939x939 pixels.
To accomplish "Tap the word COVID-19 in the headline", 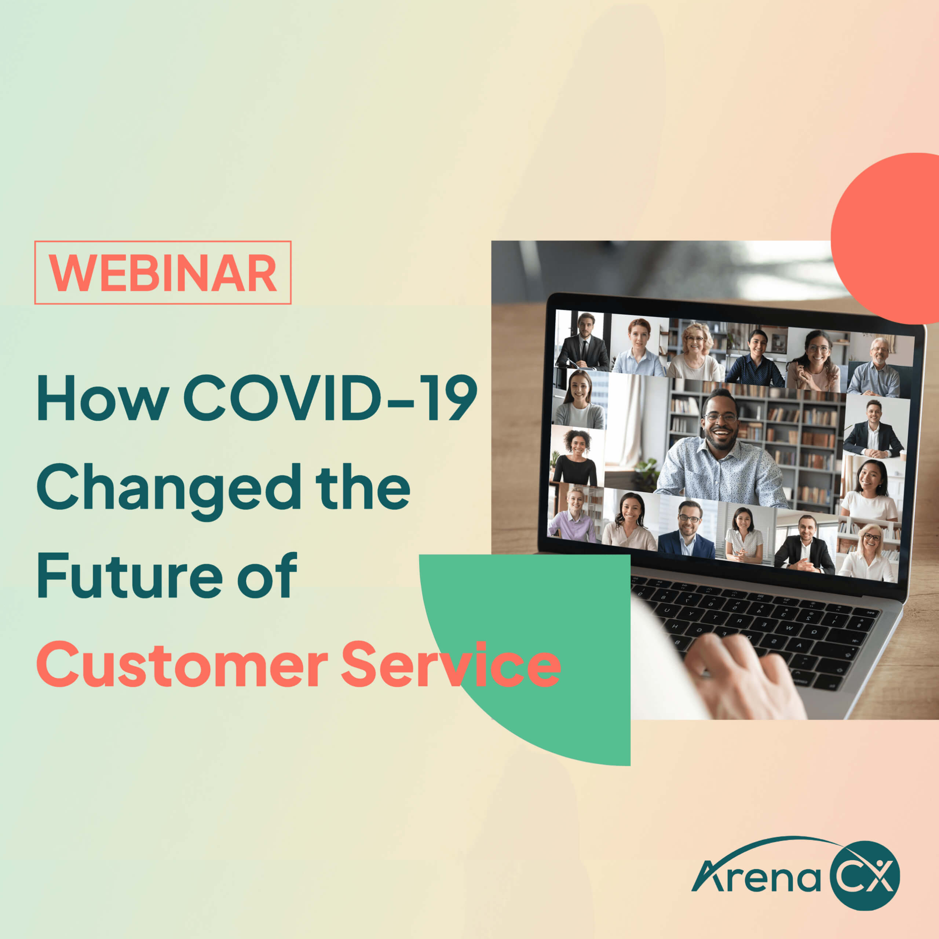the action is coord(330,398).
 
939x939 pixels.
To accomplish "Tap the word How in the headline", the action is coord(103,398).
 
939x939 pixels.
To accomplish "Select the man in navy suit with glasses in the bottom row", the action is coord(686,530).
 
